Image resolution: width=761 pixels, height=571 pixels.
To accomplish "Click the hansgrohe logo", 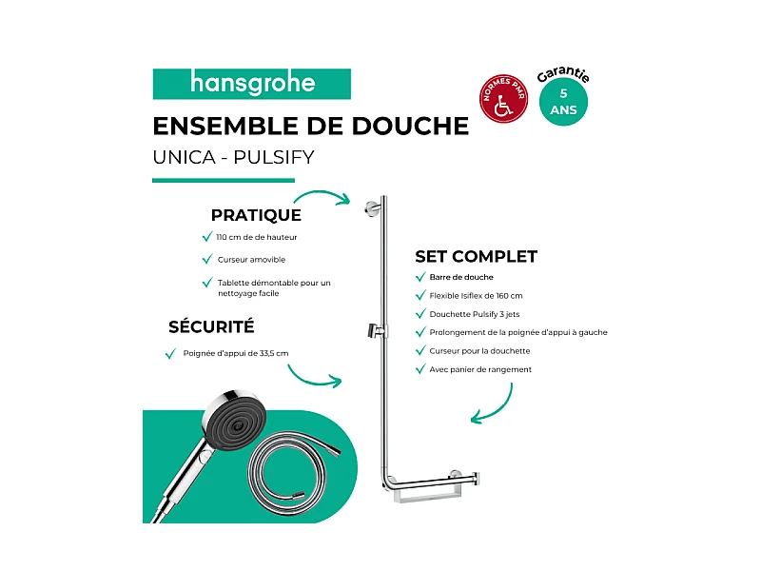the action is coord(252,84).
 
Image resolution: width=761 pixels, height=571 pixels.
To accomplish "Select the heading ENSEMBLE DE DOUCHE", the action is coord(310,127).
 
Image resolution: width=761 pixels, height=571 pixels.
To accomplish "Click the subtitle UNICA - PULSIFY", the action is coord(232,156).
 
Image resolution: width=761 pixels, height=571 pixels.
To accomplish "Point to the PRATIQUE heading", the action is coord(256,215).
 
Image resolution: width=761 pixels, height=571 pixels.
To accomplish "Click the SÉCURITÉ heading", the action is coord(211,326).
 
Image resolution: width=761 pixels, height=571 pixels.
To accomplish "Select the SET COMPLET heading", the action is coord(476,256).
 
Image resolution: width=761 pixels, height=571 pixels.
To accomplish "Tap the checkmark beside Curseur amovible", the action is coord(206,259).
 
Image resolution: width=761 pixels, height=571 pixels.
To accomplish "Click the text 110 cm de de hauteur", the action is coord(263,237).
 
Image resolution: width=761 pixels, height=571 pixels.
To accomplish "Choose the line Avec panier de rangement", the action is coord(480,369).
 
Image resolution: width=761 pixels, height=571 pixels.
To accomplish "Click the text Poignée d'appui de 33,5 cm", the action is coord(235,353).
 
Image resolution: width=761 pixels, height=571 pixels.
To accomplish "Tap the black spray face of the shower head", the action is coord(233,424).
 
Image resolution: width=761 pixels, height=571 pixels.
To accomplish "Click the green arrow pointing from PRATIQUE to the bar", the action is coord(335,199).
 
